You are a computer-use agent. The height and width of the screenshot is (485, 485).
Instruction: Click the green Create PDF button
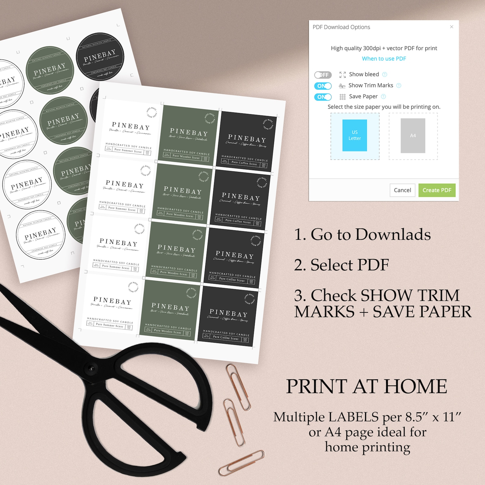pos(437,190)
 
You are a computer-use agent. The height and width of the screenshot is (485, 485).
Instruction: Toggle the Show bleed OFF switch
pos(323,75)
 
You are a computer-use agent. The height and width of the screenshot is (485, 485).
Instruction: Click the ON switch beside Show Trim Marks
pos(323,86)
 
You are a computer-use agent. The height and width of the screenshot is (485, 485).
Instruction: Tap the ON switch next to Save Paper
pos(323,97)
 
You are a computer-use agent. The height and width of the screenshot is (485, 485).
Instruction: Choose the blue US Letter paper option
pos(355,136)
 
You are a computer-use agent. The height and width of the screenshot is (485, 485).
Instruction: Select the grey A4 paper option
pos(413,136)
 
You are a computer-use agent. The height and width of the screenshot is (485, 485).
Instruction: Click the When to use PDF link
pos(384,59)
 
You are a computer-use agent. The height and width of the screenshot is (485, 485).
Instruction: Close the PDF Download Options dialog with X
pos(451,27)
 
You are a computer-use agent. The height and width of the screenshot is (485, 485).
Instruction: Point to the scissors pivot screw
pos(91,368)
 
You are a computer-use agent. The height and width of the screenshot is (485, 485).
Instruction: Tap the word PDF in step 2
pos(373,265)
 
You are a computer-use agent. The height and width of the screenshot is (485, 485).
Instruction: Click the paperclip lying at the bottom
pos(241,462)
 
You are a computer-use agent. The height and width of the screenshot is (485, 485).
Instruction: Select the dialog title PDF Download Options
pos(341,27)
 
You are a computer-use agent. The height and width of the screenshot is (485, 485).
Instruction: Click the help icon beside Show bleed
pos(385,75)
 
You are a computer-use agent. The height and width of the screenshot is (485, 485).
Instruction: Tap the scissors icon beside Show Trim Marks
pos(342,86)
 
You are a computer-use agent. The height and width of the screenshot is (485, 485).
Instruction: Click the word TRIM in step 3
pos(438,296)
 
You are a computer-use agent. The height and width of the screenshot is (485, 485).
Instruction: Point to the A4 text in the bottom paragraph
pos(333,432)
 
